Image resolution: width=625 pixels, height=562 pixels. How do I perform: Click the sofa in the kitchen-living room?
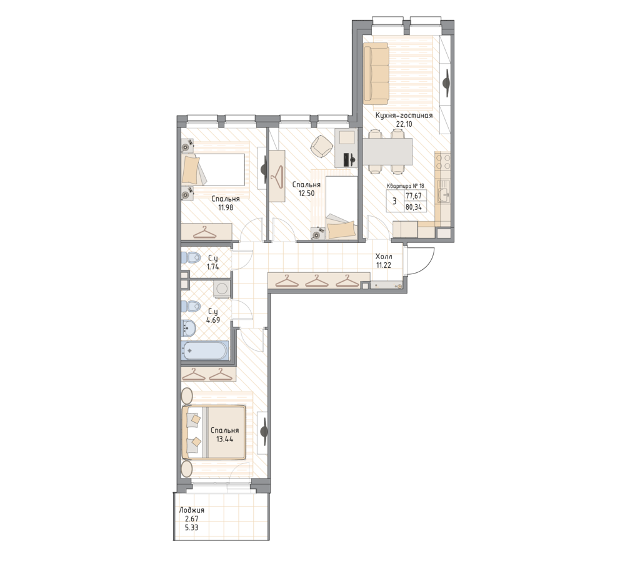(x=376, y=74)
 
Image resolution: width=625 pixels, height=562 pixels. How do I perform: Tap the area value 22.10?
(x=404, y=124)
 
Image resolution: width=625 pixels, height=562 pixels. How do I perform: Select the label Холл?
(x=384, y=257)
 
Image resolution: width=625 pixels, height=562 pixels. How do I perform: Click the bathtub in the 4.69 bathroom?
(x=205, y=351)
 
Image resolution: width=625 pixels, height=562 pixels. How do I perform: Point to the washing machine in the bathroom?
(x=222, y=288)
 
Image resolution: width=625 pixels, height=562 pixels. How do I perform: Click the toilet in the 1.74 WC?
(x=190, y=258)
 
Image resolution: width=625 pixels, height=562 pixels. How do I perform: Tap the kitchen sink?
(x=443, y=192)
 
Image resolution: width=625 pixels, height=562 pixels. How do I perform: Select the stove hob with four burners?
(x=443, y=162)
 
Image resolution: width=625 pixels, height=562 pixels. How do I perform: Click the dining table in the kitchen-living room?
(x=387, y=152)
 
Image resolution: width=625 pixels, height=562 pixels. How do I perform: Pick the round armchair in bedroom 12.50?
(x=321, y=145)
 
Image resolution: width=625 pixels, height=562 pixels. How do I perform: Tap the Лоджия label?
(x=192, y=510)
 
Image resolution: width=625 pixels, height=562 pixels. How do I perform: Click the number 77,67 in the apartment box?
(x=413, y=195)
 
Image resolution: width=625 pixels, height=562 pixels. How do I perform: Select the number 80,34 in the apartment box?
(x=413, y=207)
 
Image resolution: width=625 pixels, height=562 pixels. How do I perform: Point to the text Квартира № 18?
(x=406, y=185)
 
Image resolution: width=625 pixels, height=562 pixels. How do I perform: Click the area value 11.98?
(x=226, y=207)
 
